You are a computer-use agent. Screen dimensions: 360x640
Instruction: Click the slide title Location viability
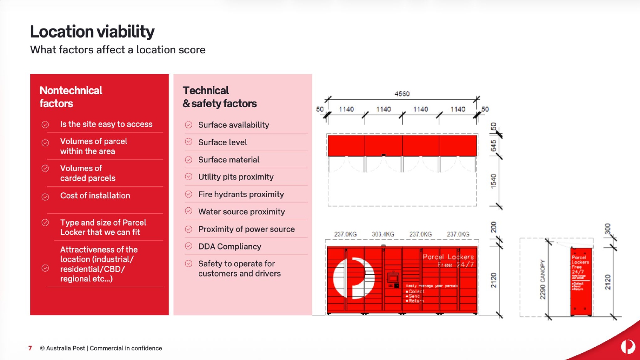pyautogui.click(x=92, y=32)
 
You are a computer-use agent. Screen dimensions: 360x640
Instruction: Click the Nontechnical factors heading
pyautogui.click(x=71, y=97)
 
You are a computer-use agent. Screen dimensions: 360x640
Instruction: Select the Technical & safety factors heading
pyautogui.click(x=220, y=97)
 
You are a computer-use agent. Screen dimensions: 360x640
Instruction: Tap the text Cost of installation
pyautogui.click(x=95, y=196)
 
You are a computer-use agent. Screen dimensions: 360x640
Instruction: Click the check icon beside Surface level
pyautogui.click(x=189, y=142)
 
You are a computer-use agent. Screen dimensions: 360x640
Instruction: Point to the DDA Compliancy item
pyautogui.click(x=230, y=247)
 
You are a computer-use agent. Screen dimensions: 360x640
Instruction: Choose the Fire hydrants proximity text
pyautogui.click(x=241, y=195)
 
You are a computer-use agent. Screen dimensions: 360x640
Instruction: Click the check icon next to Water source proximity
pyautogui.click(x=189, y=211)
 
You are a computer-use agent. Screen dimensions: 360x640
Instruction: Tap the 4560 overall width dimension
pyautogui.click(x=402, y=94)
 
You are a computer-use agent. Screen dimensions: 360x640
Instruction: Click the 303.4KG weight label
pyautogui.click(x=383, y=234)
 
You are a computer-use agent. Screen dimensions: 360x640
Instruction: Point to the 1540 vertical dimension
pyautogui.click(x=494, y=181)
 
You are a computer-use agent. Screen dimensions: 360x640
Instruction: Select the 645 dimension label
pyautogui.click(x=494, y=146)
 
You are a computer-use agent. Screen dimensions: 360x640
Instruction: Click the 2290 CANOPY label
pyautogui.click(x=543, y=279)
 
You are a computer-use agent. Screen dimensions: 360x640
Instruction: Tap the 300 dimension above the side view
pyautogui.click(x=608, y=229)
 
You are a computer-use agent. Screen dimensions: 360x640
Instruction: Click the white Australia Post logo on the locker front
pyautogui.click(x=353, y=278)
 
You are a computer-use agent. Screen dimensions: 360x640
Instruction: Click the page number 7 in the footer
pyautogui.click(x=30, y=348)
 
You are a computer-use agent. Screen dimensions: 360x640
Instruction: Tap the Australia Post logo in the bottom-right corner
pyautogui.click(x=628, y=346)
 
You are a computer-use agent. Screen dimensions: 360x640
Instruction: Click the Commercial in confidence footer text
pyautogui.click(x=126, y=348)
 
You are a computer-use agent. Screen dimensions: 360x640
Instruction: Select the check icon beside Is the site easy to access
pyautogui.click(x=45, y=125)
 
